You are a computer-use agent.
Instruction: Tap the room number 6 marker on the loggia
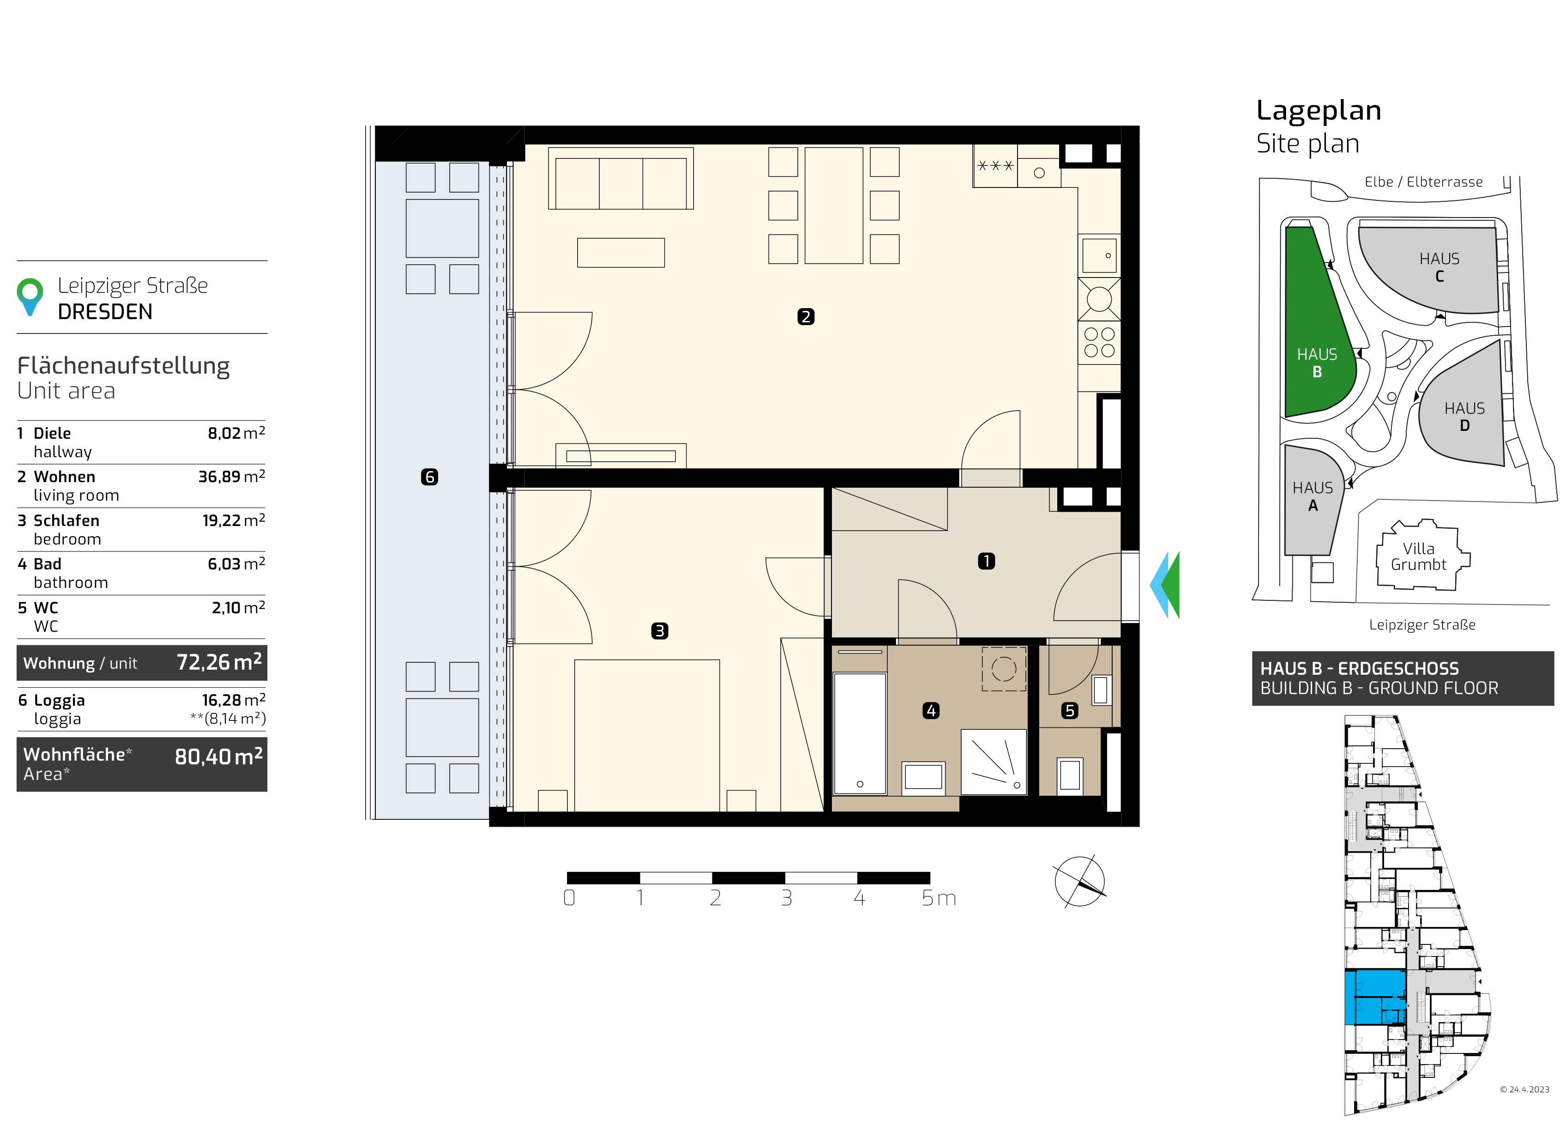tap(429, 477)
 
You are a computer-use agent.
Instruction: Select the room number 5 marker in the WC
tap(1069, 711)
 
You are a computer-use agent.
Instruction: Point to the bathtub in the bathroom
tap(859, 733)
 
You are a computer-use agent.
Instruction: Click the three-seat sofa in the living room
tap(620, 178)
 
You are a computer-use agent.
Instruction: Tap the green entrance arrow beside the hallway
tap(1171, 585)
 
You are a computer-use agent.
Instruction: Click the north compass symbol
tap(1079, 882)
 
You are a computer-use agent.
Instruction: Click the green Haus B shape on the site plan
tap(1317, 323)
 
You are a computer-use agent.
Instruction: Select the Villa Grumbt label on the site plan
tap(1418, 556)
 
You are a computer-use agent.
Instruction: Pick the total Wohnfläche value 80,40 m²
tap(219, 756)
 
